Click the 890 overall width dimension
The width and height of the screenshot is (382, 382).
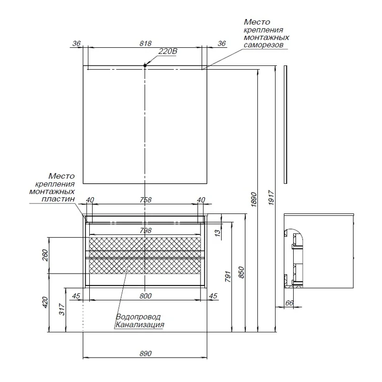146,353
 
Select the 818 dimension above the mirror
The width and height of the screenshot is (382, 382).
146,43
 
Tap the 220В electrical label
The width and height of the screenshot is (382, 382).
168,52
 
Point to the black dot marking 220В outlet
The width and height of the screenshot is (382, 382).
145,65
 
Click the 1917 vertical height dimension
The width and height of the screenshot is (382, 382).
271,198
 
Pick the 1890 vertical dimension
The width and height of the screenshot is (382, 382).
254,200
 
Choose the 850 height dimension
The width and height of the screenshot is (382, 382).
241,273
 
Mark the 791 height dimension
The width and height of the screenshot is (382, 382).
228,276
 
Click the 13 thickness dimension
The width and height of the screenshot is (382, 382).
218,232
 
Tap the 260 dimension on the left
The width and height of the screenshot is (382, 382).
45,255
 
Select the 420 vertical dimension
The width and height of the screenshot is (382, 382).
45,302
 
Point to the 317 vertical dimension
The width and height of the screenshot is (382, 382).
62,309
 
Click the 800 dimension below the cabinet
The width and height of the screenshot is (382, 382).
146,296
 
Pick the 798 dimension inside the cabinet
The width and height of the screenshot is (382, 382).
146,230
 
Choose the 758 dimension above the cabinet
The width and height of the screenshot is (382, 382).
146,200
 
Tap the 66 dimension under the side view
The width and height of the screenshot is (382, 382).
289,303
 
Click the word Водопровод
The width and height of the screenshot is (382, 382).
138,317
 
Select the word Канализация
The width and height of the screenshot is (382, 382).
139,325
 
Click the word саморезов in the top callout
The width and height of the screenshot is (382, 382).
264,45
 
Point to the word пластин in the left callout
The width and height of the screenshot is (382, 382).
58,199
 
